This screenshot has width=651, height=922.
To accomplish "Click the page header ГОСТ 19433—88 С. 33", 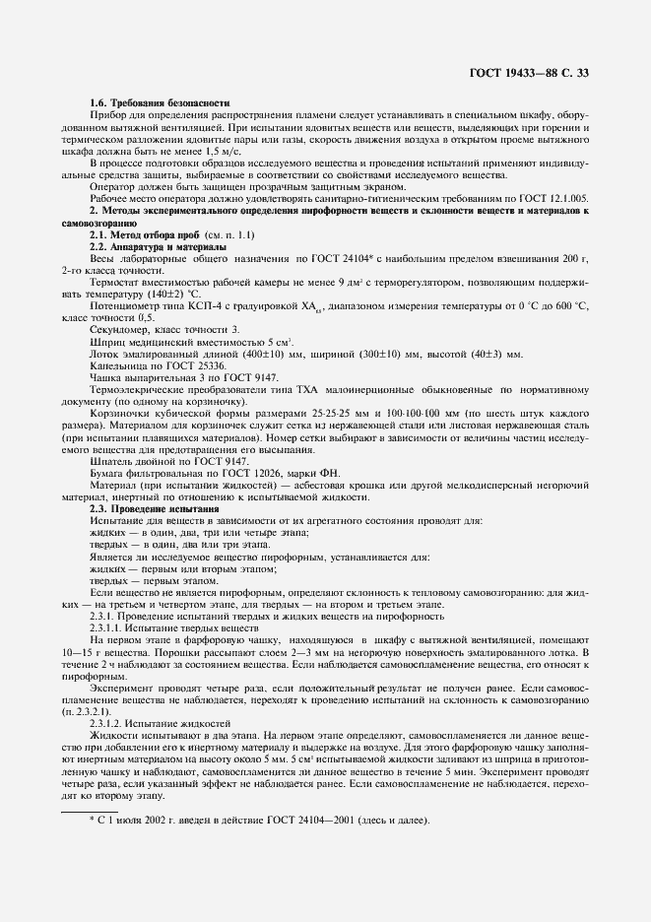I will pyautogui.click(x=527, y=72).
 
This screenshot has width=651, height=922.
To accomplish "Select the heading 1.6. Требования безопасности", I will pyautogui.click(x=159, y=103).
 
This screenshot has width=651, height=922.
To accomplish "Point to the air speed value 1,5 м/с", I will pyautogui.click(x=218, y=154).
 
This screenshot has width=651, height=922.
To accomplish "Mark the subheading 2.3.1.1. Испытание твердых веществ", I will pyautogui.click(x=173, y=626).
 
